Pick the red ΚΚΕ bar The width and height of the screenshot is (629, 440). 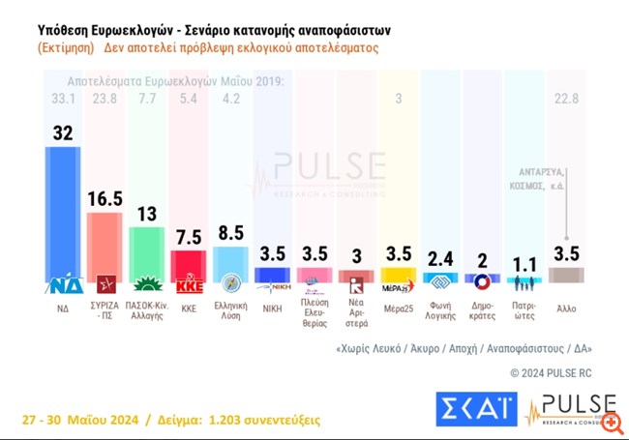(189, 264)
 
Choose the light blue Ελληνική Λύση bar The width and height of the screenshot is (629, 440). (231, 262)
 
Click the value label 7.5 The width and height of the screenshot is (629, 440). (189, 236)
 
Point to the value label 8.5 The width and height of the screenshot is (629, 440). (231, 232)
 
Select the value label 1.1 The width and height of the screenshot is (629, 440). (524, 262)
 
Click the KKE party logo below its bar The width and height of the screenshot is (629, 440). (189, 285)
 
